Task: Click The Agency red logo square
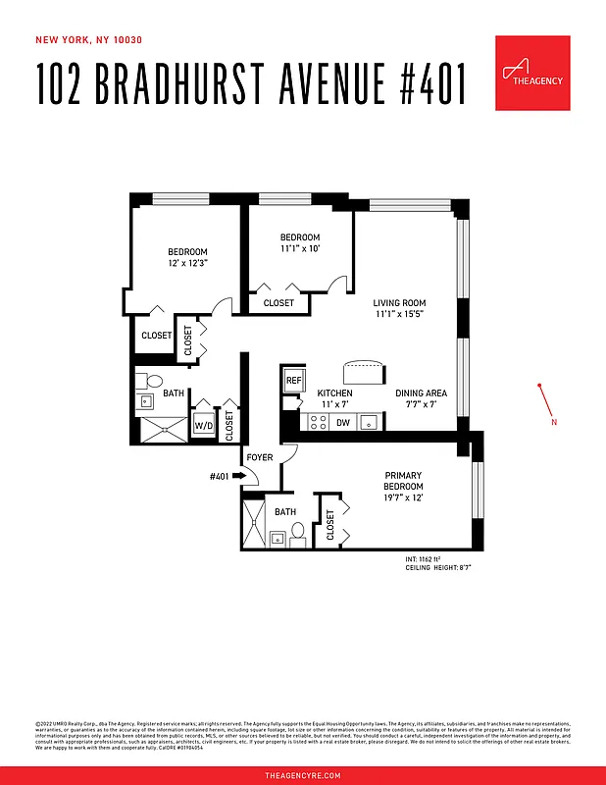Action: point(532,74)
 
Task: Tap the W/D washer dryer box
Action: point(203,425)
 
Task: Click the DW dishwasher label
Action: point(343,423)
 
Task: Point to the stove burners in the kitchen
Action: point(319,423)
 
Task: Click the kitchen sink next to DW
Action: point(370,423)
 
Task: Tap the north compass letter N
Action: point(554,423)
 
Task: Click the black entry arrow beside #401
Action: point(238,476)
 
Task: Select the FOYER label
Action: point(260,457)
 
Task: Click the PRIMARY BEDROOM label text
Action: point(403,482)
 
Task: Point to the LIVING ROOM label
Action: point(399,303)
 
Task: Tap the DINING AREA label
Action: point(422,393)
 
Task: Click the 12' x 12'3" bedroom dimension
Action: point(186,264)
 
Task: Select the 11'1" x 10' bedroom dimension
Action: point(300,249)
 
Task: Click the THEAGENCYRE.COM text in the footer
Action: point(303,775)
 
